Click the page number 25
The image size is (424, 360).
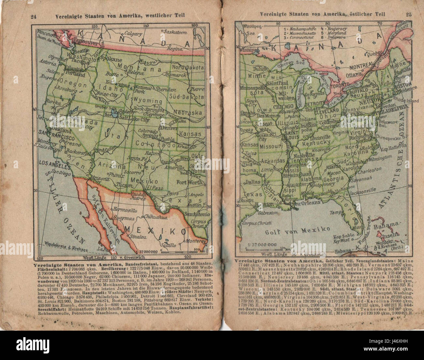(409, 14)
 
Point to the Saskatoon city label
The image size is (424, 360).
(175, 32)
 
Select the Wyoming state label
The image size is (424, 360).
(148, 101)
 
